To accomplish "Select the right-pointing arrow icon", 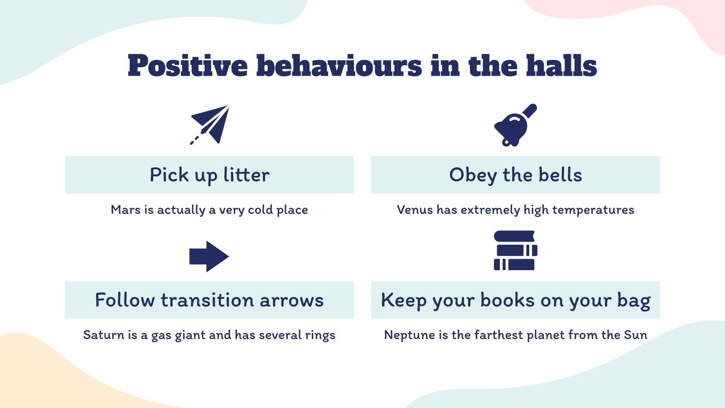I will [209, 256].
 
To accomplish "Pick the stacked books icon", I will [515, 251].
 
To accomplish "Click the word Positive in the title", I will [188, 66].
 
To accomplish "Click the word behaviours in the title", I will [339, 66].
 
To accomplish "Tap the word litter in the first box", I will [246, 175].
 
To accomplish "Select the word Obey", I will [473, 175].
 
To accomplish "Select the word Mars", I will [126, 210].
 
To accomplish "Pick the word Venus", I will [415, 210].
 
